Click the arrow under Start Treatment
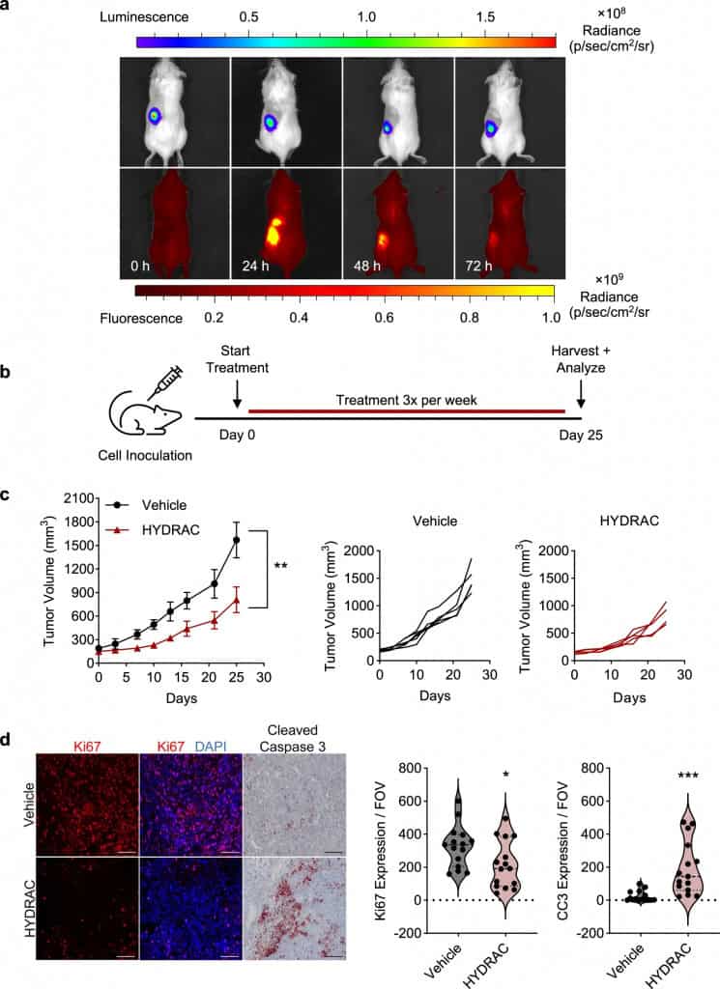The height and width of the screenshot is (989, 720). pos(237,394)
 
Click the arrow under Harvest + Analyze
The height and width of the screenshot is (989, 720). pos(581,394)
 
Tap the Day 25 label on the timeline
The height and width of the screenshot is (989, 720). pos(581,432)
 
